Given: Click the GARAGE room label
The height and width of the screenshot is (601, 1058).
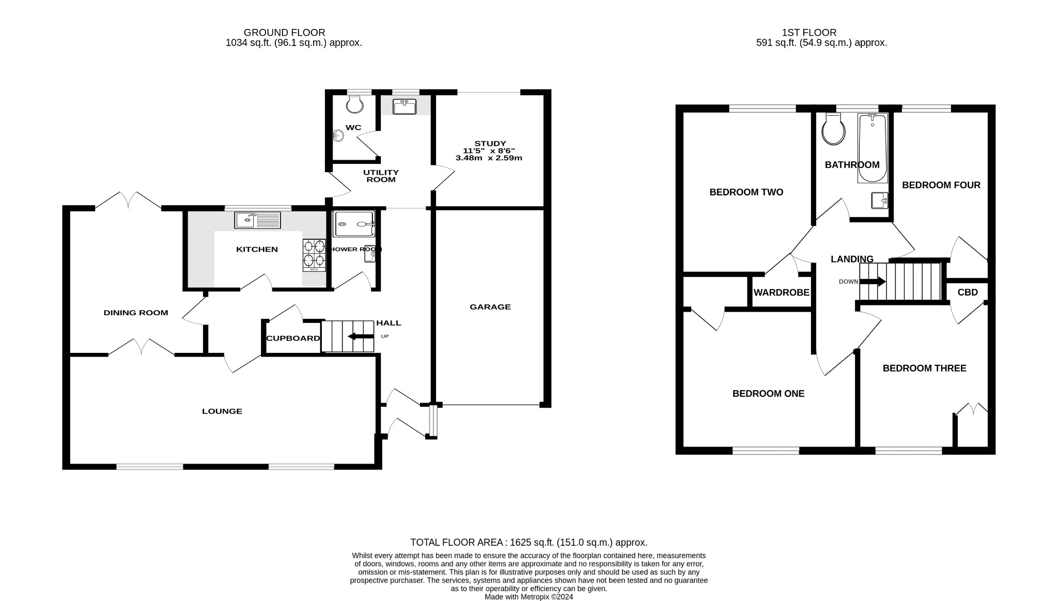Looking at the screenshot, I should click(x=490, y=307).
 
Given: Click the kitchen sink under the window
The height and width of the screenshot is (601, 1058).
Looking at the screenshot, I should click(x=257, y=220).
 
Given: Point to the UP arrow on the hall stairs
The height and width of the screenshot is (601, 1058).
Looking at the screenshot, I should click(x=361, y=336).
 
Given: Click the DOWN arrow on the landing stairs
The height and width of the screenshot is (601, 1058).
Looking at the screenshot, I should click(x=873, y=282).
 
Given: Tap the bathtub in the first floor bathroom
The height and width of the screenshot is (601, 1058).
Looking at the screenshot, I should click(x=872, y=149).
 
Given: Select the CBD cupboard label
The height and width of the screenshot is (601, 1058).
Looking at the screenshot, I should click(x=968, y=292).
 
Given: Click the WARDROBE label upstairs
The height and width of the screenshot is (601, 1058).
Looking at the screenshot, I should click(x=781, y=292).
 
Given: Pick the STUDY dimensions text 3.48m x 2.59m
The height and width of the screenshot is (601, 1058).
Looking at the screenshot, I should click(x=489, y=158).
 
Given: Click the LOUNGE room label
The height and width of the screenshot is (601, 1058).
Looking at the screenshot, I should click(x=222, y=411).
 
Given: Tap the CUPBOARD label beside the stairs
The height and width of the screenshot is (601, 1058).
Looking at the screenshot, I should click(x=293, y=338).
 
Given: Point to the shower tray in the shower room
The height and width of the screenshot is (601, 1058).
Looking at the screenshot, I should click(x=354, y=224).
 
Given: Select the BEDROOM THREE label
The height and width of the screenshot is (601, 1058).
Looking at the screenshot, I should click(x=924, y=368).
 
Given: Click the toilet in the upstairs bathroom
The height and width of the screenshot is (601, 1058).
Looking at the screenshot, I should click(x=833, y=129).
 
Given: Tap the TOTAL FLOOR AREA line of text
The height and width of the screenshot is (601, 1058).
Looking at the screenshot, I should click(x=528, y=543).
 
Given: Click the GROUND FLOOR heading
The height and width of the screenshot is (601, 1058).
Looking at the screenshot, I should click(x=284, y=33).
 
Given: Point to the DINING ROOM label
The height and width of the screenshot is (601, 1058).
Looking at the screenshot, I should click(x=136, y=313).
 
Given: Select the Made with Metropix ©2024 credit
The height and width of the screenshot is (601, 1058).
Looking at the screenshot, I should click(x=528, y=597).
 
